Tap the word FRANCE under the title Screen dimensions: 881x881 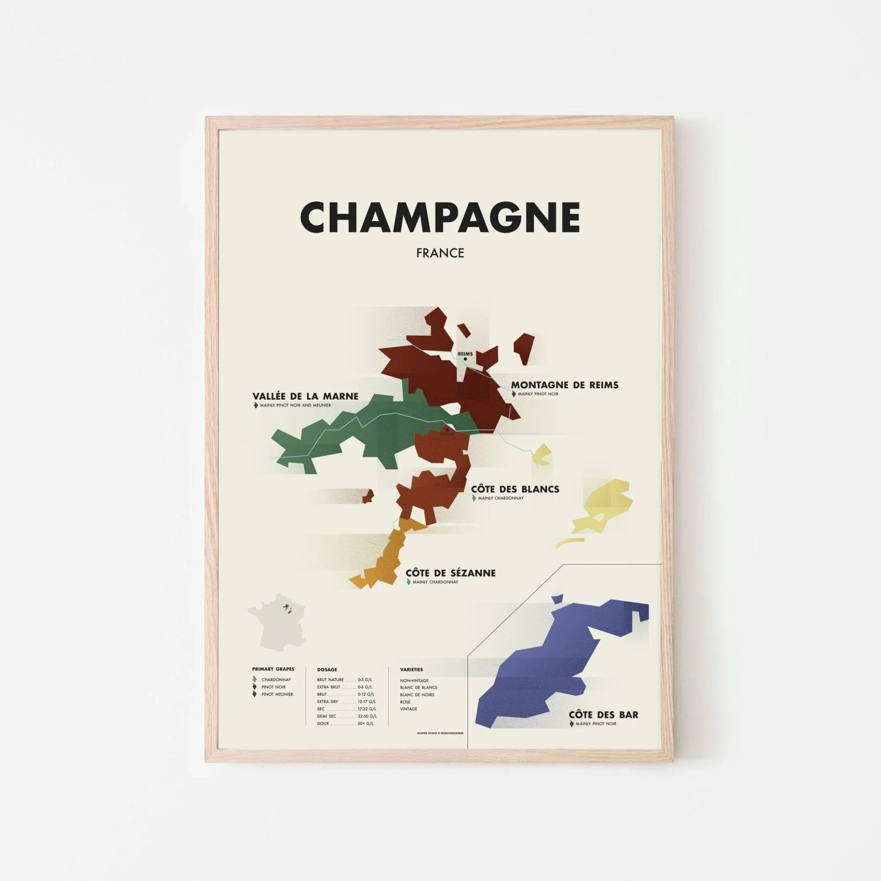pyautogui.click(x=440, y=253)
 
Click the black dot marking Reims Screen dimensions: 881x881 pyautogui.click(x=465, y=359)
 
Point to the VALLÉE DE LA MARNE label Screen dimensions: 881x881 pyautogui.click(x=306, y=396)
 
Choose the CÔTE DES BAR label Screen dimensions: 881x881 pyautogui.click(x=603, y=728)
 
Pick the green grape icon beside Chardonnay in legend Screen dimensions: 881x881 pyautogui.click(x=255, y=692)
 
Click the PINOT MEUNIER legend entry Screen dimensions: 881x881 pyautogui.click(x=277, y=707)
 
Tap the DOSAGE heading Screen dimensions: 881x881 pyautogui.click(x=327, y=682)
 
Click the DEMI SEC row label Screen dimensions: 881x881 pyautogui.click(x=326, y=729)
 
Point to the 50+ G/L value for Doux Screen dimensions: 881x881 pyautogui.click(x=365, y=737)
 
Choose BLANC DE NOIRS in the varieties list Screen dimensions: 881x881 pyautogui.click(x=417, y=707)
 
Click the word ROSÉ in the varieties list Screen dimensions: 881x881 pyautogui.click(x=405, y=714)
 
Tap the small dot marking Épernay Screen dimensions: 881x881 pyautogui.click(x=448, y=429)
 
